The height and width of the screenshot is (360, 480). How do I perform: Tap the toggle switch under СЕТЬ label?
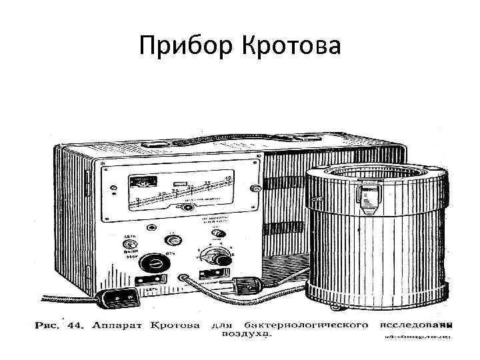pos(130,245)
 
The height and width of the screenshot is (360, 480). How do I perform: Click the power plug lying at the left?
pos(119,298)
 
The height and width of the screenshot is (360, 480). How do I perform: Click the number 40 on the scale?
pos(229,178)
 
